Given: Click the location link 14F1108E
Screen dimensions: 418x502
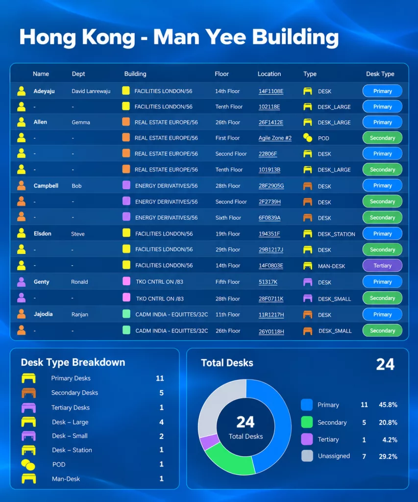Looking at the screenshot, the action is point(271,91).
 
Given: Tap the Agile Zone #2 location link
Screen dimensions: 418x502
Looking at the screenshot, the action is point(275,138).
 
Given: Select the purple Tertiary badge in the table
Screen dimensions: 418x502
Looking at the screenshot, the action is point(382,265).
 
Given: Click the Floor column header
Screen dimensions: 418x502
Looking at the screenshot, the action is point(222,74).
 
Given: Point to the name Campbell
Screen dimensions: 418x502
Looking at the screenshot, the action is point(46,186).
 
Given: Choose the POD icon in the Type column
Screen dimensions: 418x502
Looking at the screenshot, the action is point(308,138).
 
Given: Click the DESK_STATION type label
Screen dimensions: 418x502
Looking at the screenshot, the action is point(336,234).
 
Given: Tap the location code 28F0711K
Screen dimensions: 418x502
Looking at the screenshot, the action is point(271,299).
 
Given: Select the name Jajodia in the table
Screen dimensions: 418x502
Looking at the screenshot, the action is point(43,314).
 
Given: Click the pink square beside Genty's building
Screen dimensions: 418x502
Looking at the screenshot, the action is point(126,281).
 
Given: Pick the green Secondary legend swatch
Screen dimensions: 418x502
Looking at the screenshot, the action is point(307,422).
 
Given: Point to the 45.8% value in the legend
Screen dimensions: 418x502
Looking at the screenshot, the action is point(388,404).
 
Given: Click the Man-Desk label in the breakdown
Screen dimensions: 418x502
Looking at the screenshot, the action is point(66,479).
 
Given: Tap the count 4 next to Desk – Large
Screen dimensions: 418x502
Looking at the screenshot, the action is point(161,422).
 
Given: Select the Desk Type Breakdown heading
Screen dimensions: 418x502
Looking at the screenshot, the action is point(73,362).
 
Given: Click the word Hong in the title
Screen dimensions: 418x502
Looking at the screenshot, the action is point(48,37).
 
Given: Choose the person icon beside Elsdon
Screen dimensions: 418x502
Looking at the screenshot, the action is point(22,233).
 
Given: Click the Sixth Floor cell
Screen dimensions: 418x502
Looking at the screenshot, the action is point(228,218).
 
